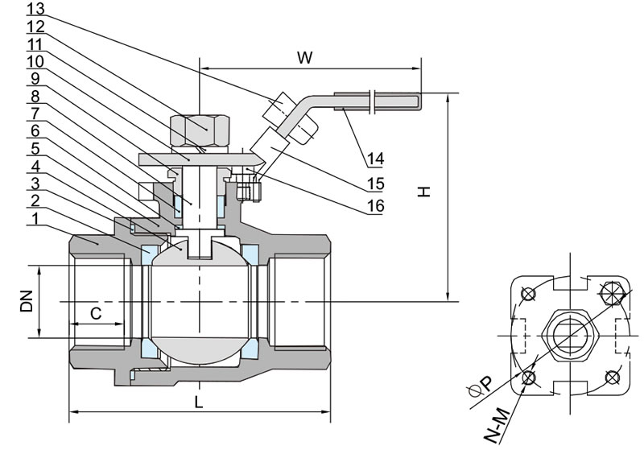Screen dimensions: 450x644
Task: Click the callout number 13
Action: tap(36, 9)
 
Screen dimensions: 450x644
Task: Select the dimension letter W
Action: tap(304, 57)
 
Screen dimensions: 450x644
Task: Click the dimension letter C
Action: tap(95, 313)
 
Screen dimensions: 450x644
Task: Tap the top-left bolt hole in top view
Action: tap(527, 293)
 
